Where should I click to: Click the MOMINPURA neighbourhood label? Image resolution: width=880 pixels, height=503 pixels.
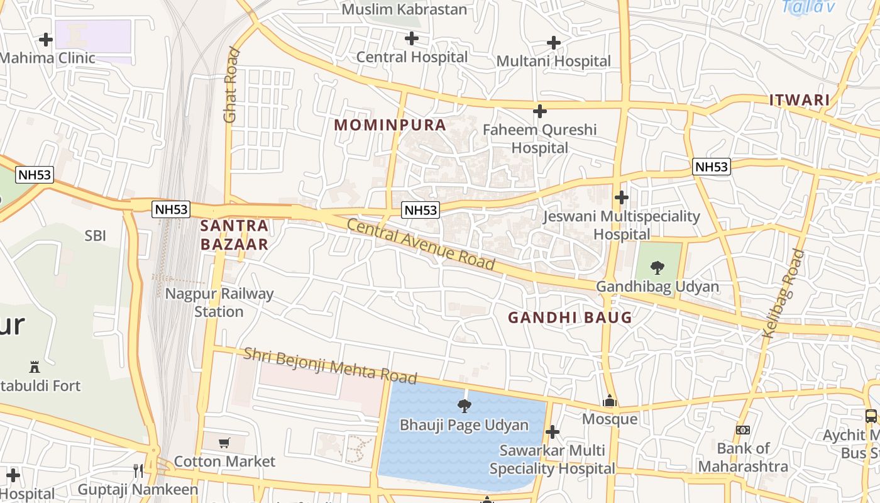pos(390,124)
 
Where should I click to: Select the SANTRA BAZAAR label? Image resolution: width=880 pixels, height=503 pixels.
pos(234,235)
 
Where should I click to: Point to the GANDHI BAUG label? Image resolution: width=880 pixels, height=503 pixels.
pos(569,318)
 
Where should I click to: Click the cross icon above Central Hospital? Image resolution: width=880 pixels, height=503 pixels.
pos(412,39)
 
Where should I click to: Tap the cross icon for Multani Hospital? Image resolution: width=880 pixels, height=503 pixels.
pos(554,43)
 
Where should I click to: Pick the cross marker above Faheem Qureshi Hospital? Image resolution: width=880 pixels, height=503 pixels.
pos(539,112)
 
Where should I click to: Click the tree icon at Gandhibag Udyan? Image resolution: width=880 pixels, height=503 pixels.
pos(657,268)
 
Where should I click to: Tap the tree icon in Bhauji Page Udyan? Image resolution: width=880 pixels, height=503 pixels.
pos(465,406)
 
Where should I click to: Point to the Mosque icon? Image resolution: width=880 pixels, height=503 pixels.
pos(609,401)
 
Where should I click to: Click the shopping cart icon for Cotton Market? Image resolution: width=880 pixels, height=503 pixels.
pos(224,443)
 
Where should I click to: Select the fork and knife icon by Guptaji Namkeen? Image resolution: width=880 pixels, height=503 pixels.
pos(138,470)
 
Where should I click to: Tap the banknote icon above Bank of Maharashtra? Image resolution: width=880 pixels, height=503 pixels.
pos(743,430)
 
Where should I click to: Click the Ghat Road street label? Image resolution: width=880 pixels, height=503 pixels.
pos(231,85)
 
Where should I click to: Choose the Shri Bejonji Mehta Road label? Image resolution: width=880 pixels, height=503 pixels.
pos(330,365)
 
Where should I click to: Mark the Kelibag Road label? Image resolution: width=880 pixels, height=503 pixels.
pos(783,294)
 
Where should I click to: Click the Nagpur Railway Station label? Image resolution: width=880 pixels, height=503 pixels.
pos(219,302)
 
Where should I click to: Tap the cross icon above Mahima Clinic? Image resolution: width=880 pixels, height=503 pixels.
pos(46,40)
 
